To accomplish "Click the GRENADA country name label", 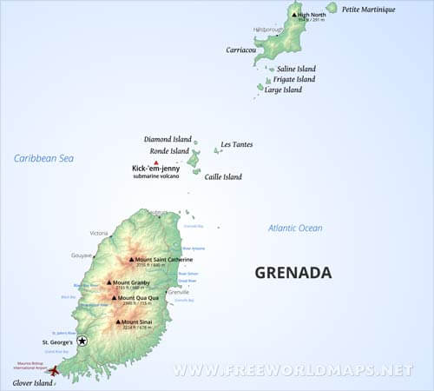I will [x=293, y=273].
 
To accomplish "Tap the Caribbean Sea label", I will [x=43, y=158].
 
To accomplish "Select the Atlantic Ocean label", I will [x=295, y=229].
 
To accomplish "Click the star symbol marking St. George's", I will [x=82, y=341].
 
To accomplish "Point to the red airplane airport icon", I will [x=55, y=370].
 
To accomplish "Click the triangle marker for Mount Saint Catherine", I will [x=132, y=259].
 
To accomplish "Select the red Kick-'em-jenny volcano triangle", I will [x=155, y=162].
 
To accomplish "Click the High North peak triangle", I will [x=294, y=15].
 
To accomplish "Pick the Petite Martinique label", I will [x=368, y=10].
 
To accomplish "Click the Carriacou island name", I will [x=241, y=50].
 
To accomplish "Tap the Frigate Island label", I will [x=294, y=79].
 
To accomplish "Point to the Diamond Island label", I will [x=168, y=139].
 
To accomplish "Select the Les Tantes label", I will [x=237, y=144].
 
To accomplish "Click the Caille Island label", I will [x=223, y=176].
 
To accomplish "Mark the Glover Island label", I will [x=31, y=382].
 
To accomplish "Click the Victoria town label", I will [x=98, y=233].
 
